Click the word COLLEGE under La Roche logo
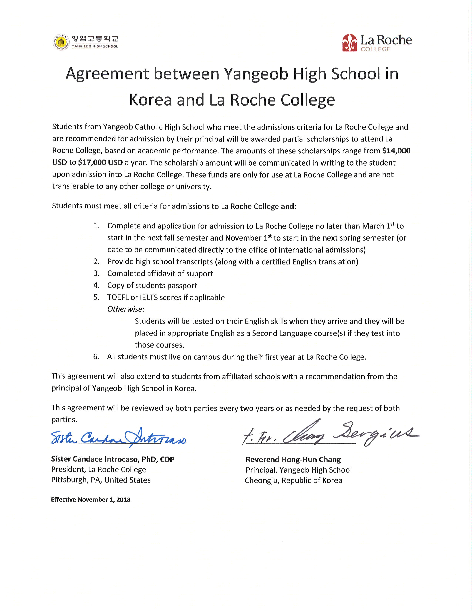click(x=375, y=49)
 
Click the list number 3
click(x=96, y=273)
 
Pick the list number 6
click(x=96, y=357)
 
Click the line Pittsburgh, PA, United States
click(x=101, y=480)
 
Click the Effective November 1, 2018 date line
click(x=91, y=500)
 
